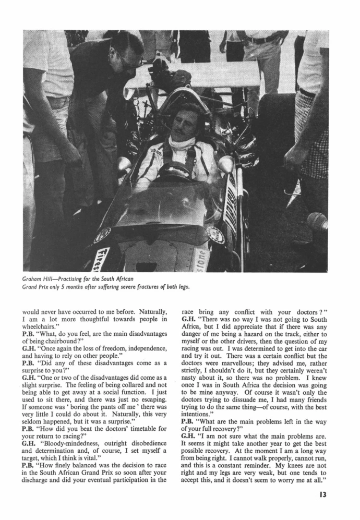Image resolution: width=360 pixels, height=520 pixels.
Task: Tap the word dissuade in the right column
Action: [258, 399]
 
